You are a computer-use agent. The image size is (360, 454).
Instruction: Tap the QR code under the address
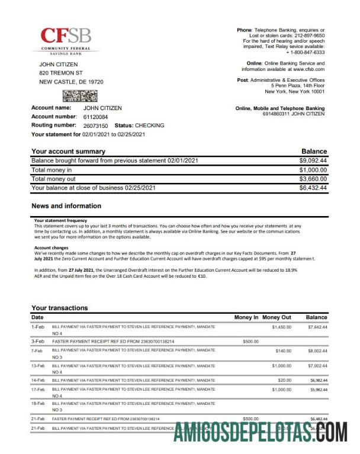click(x=76, y=96)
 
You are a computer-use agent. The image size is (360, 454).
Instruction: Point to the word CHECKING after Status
click(x=150, y=125)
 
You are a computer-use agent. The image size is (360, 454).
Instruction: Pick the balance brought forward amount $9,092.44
click(x=313, y=160)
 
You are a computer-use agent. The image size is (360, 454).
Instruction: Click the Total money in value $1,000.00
click(x=313, y=170)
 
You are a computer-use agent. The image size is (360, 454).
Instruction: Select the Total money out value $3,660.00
click(x=313, y=179)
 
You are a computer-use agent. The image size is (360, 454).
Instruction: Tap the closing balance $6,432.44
click(x=313, y=188)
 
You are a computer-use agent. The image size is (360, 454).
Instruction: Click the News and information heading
click(x=66, y=206)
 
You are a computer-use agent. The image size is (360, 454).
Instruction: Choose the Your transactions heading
click(x=59, y=308)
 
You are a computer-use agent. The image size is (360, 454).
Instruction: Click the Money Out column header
click(x=277, y=317)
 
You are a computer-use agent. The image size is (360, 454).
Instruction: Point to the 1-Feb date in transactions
click(x=37, y=327)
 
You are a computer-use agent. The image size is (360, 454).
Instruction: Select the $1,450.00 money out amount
click(x=282, y=327)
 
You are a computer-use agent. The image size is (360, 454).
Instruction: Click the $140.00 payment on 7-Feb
click(x=284, y=351)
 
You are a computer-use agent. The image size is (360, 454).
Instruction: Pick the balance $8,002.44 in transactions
click(x=317, y=351)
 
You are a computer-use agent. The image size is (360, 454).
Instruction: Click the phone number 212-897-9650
click(x=308, y=35)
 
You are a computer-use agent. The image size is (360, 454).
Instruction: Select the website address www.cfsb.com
click(x=307, y=69)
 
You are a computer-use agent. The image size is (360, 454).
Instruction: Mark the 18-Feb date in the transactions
click(x=38, y=403)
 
